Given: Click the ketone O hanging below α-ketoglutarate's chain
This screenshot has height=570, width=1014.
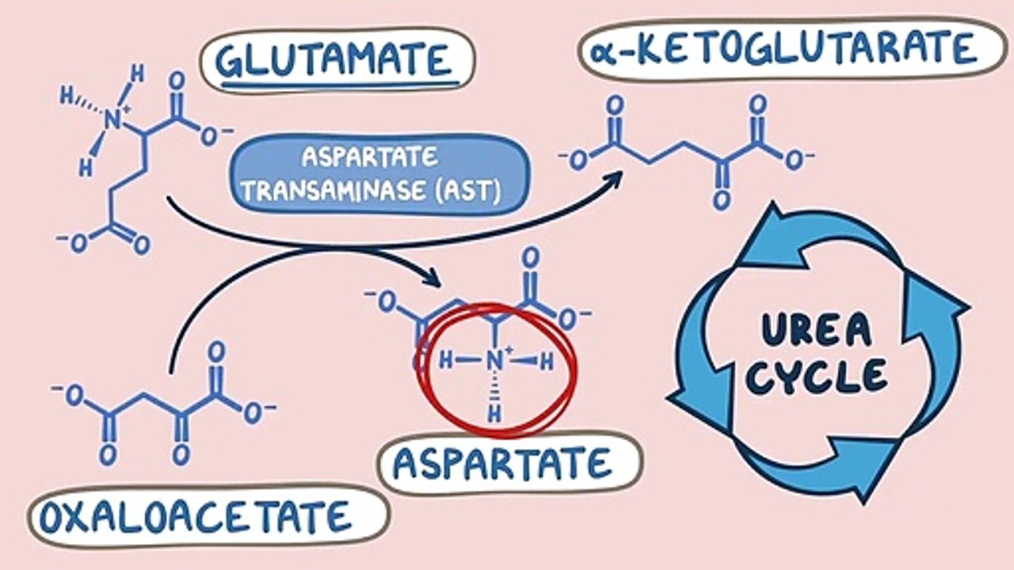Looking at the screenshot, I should [x=720, y=199].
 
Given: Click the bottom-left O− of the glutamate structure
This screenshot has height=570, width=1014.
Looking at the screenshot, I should [x=75, y=242].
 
